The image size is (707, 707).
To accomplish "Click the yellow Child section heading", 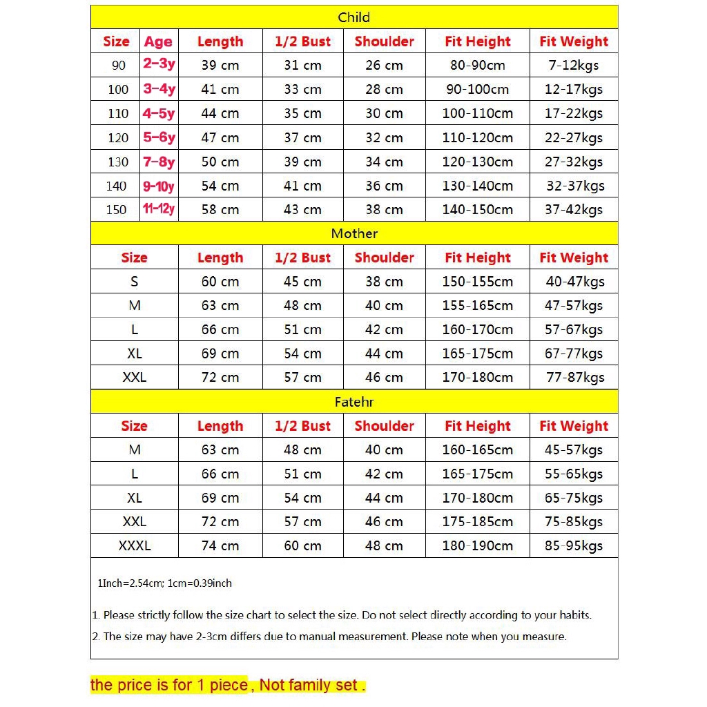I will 353,17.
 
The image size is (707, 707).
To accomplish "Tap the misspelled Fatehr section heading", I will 353,402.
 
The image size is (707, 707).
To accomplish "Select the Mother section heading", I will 353,233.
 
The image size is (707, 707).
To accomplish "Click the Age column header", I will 158,41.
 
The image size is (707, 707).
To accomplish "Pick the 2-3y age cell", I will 159,65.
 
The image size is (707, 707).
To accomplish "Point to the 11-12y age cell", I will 159,209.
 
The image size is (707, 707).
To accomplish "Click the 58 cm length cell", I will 220,209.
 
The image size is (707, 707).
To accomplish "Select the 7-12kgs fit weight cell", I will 573,66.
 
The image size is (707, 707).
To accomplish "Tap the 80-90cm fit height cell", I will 477,66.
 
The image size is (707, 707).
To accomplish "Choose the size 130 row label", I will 118,162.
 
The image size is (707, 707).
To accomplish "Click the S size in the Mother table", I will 134,281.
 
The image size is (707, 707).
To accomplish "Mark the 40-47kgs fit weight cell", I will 574,281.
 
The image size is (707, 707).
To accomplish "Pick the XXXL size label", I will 134,545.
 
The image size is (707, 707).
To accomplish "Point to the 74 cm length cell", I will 220,545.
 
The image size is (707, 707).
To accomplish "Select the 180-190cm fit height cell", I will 477,545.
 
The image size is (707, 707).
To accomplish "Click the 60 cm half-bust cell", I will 302,545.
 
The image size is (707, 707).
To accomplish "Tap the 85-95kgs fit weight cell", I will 573,545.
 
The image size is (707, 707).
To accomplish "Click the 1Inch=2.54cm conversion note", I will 164,583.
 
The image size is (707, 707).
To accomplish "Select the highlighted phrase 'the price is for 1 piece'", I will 169,685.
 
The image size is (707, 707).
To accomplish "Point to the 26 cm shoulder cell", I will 384,66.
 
